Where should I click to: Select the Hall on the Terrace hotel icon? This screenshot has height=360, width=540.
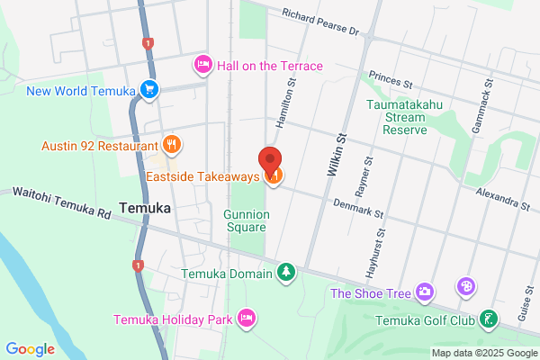point(202,65)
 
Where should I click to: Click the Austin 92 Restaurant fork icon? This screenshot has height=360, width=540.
point(172,144)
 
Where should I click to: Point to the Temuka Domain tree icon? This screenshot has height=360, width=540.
point(286,271)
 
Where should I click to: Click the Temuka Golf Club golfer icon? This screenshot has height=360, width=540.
point(488,318)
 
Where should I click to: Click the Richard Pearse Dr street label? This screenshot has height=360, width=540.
point(319,22)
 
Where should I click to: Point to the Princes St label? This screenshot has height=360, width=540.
point(389,78)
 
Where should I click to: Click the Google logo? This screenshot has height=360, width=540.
point(30,349)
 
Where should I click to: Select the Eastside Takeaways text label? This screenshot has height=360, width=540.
point(203,176)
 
